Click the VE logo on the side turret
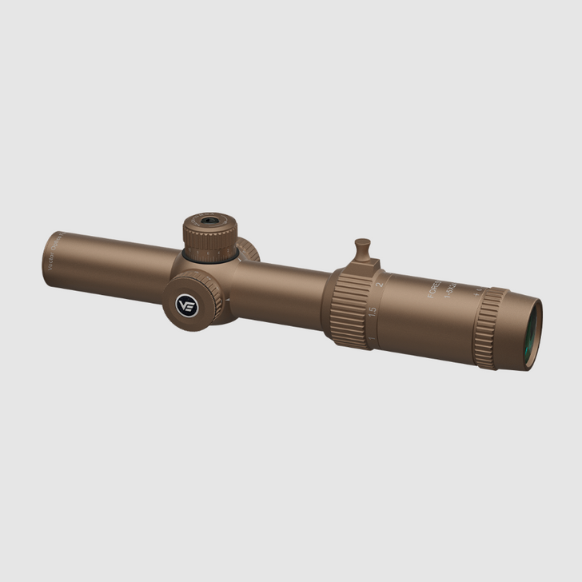coord(186,305)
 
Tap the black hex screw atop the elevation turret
coord(209,219)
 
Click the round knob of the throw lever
coord(363,245)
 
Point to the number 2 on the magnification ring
coord(379,281)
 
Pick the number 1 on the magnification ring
coord(369,341)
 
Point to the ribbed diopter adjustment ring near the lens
coord(489,328)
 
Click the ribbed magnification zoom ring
coord(349,309)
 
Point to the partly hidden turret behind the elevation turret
coord(248,249)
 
